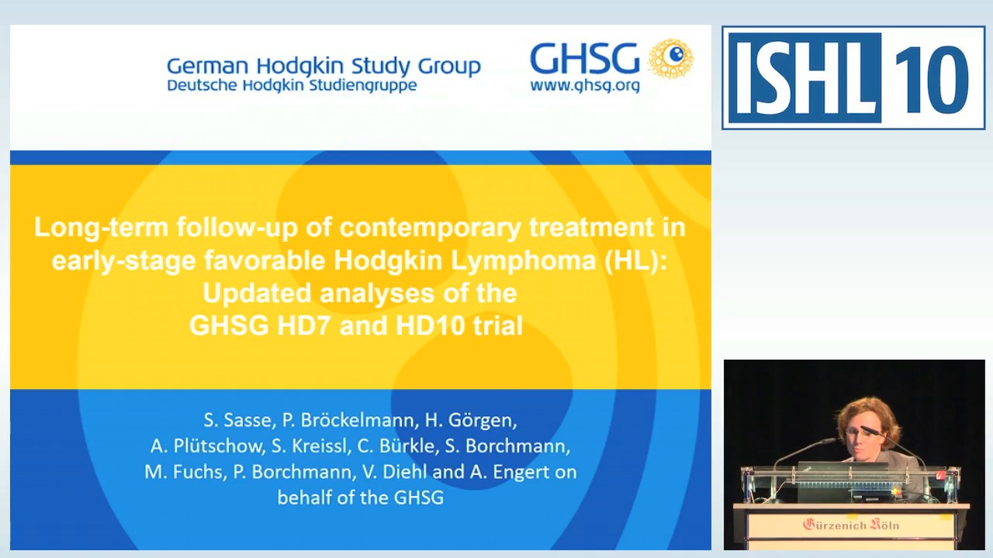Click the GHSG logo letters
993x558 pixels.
pyautogui.click(x=583, y=59)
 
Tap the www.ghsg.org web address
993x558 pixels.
pyautogui.click(x=584, y=86)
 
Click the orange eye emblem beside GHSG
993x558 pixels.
pyautogui.click(x=671, y=59)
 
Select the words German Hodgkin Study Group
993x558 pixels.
pyautogui.click(x=324, y=66)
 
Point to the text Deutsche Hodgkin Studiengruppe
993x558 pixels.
pyautogui.click(x=292, y=85)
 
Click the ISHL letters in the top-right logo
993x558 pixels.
pyautogui.click(x=804, y=77)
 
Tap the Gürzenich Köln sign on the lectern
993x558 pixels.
pyautogui.click(x=850, y=525)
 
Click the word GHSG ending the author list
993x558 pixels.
pyautogui.click(x=419, y=498)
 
